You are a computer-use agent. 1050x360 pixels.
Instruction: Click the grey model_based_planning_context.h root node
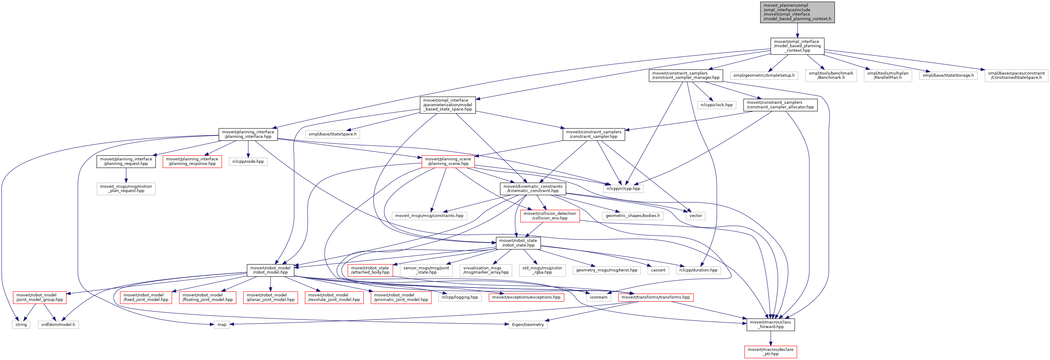click(797, 12)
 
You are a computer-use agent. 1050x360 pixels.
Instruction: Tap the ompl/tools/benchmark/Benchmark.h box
click(831, 75)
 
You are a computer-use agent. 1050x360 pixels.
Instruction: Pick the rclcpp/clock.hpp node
click(716, 105)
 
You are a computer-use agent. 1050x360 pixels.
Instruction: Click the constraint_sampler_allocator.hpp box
click(780, 105)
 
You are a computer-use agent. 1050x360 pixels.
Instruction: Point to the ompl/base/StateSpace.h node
click(332, 134)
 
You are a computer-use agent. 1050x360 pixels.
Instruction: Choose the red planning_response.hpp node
click(192, 162)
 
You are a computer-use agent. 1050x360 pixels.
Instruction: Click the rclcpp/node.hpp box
click(248, 162)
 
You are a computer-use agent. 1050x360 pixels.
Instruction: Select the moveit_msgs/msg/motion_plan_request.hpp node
click(126, 188)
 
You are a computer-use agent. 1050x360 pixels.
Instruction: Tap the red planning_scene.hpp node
click(448, 162)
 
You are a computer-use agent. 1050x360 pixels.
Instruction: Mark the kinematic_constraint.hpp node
click(532, 188)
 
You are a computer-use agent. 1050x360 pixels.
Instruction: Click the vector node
click(695, 216)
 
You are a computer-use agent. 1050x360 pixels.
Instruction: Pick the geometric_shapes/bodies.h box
click(632, 216)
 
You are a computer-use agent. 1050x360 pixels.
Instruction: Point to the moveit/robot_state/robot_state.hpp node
click(518, 243)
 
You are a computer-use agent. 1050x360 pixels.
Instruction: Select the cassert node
click(658, 270)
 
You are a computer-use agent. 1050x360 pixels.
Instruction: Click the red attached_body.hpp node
click(370, 270)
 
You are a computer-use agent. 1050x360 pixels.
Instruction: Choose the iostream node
click(598, 297)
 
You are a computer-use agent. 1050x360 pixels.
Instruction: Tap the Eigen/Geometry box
click(528, 324)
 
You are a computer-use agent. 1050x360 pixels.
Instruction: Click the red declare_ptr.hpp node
click(770, 351)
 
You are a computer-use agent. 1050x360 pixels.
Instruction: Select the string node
click(21, 324)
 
